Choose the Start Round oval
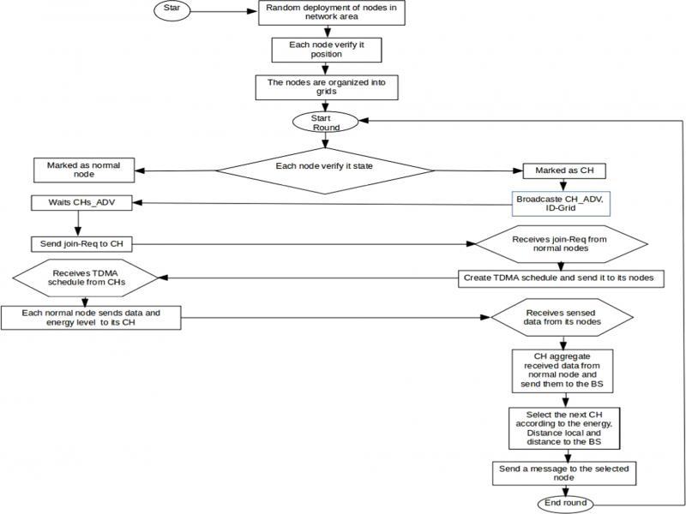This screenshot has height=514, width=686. (x=321, y=122)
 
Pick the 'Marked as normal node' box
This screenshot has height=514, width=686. (x=84, y=169)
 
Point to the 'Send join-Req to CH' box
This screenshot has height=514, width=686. (x=81, y=243)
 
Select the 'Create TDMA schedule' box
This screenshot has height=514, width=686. (x=563, y=278)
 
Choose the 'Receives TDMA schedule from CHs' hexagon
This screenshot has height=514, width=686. (x=86, y=278)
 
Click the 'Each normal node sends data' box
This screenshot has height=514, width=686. (x=93, y=317)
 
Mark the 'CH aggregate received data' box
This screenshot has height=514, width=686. (x=561, y=370)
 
